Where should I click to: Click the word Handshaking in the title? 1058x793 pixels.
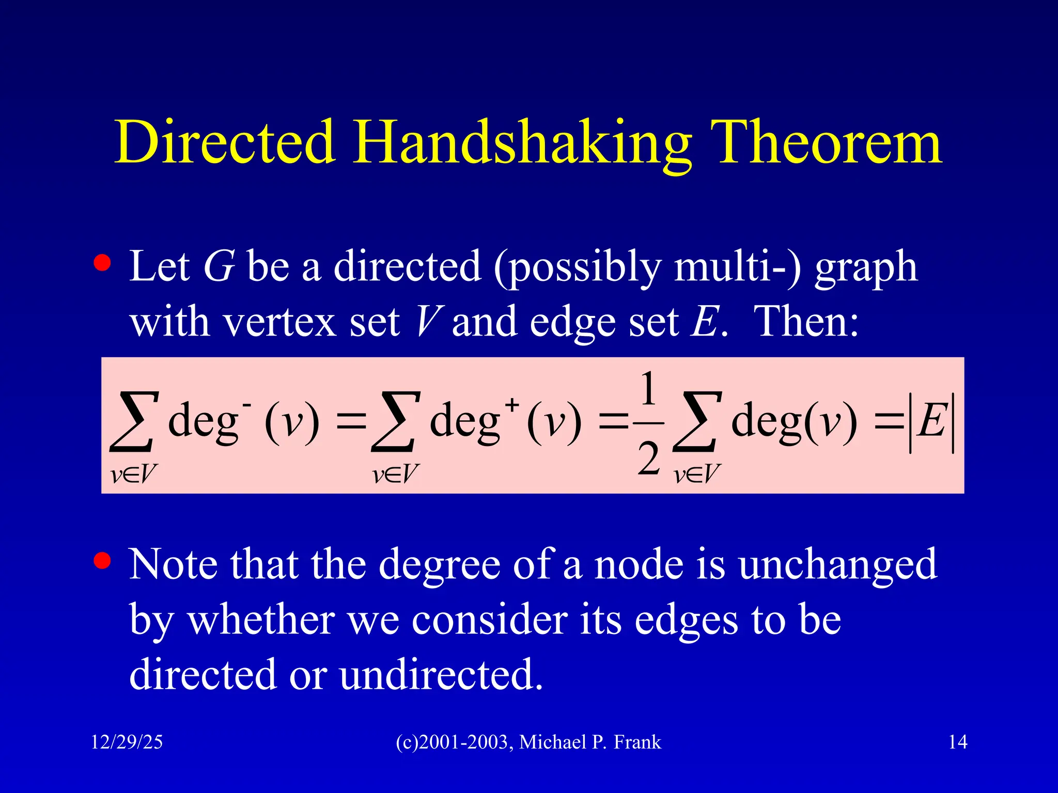pos(522,143)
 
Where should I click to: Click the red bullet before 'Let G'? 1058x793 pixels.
pos(102,262)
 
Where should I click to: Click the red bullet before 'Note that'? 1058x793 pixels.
pos(102,561)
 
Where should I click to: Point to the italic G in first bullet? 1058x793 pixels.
pos(219,266)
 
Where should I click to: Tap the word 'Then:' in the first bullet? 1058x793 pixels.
pos(806,322)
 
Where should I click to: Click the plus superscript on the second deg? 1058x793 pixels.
pos(511,404)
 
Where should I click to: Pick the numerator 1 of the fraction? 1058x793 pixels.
pos(648,390)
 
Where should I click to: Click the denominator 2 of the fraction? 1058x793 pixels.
pos(648,458)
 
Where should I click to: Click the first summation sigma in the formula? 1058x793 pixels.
pos(133,421)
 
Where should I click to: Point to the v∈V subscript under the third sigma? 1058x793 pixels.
pos(696,474)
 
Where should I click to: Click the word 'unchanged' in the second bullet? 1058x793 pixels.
pos(837,564)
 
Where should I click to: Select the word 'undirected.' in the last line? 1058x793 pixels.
pos(441,674)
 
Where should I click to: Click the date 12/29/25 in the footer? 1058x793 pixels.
pos(127,742)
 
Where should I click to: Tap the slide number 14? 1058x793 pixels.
pos(958,742)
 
